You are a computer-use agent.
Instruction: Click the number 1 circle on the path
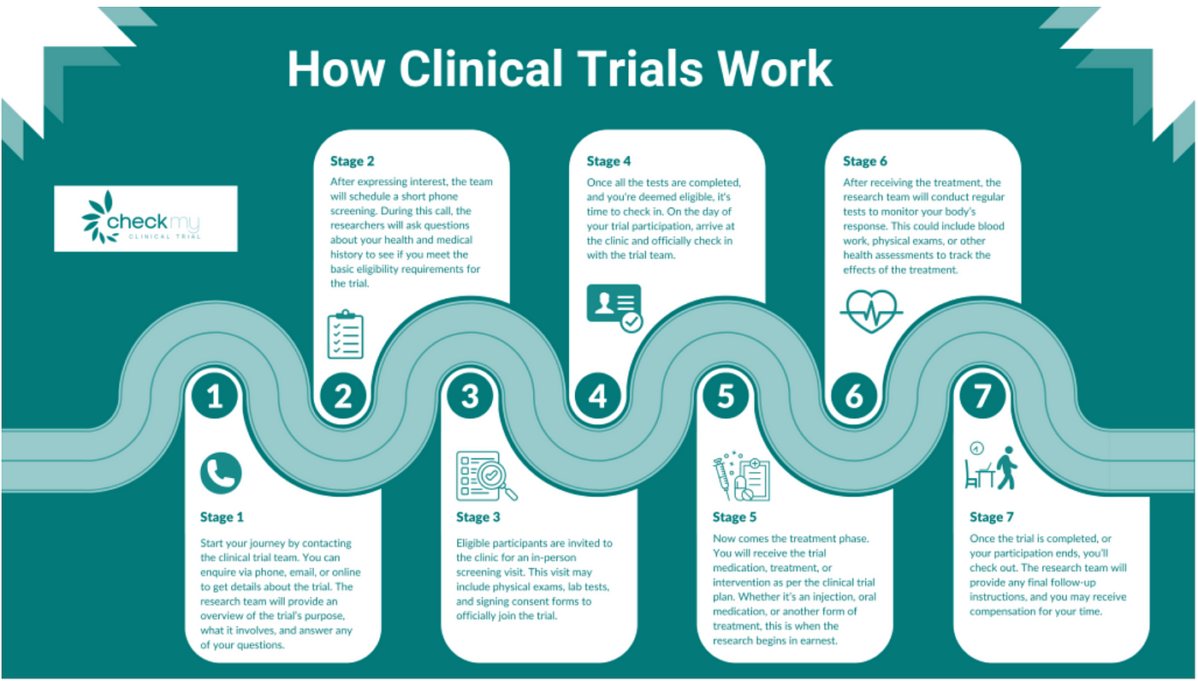(x=215, y=396)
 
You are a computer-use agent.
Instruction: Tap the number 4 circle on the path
(x=597, y=396)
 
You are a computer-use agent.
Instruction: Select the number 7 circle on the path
(x=982, y=396)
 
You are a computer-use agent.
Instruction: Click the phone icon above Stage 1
(x=221, y=474)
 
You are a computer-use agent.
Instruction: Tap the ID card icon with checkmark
(x=614, y=308)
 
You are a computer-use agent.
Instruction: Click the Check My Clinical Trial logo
(x=145, y=218)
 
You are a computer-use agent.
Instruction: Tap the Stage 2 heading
(x=353, y=161)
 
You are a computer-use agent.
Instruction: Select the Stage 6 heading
(x=865, y=161)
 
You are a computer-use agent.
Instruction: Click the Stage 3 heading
(x=478, y=517)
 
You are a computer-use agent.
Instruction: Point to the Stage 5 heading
(x=735, y=517)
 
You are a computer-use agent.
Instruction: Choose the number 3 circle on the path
(x=470, y=396)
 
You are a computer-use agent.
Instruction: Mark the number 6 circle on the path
(x=853, y=396)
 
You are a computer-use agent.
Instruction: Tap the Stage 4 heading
(x=608, y=161)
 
